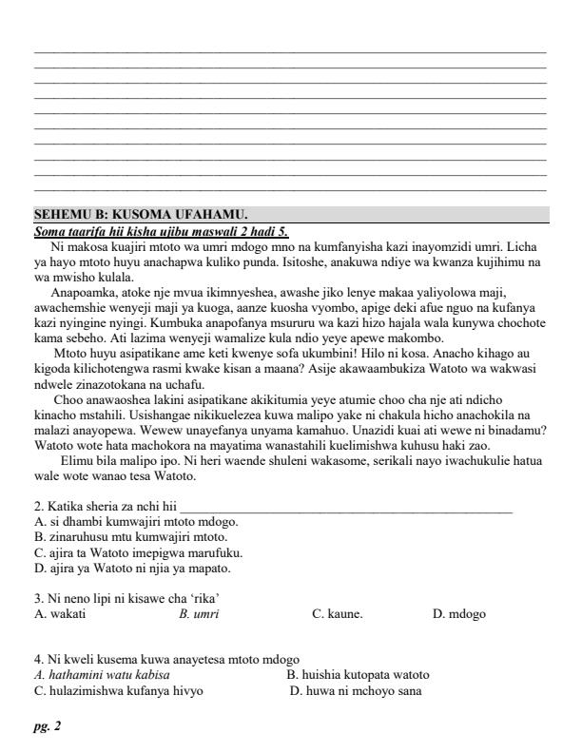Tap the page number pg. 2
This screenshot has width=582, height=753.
(47, 726)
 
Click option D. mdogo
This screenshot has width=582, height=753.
(458, 614)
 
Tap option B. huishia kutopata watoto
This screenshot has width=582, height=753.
(358, 675)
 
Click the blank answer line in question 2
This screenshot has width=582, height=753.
(346, 509)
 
